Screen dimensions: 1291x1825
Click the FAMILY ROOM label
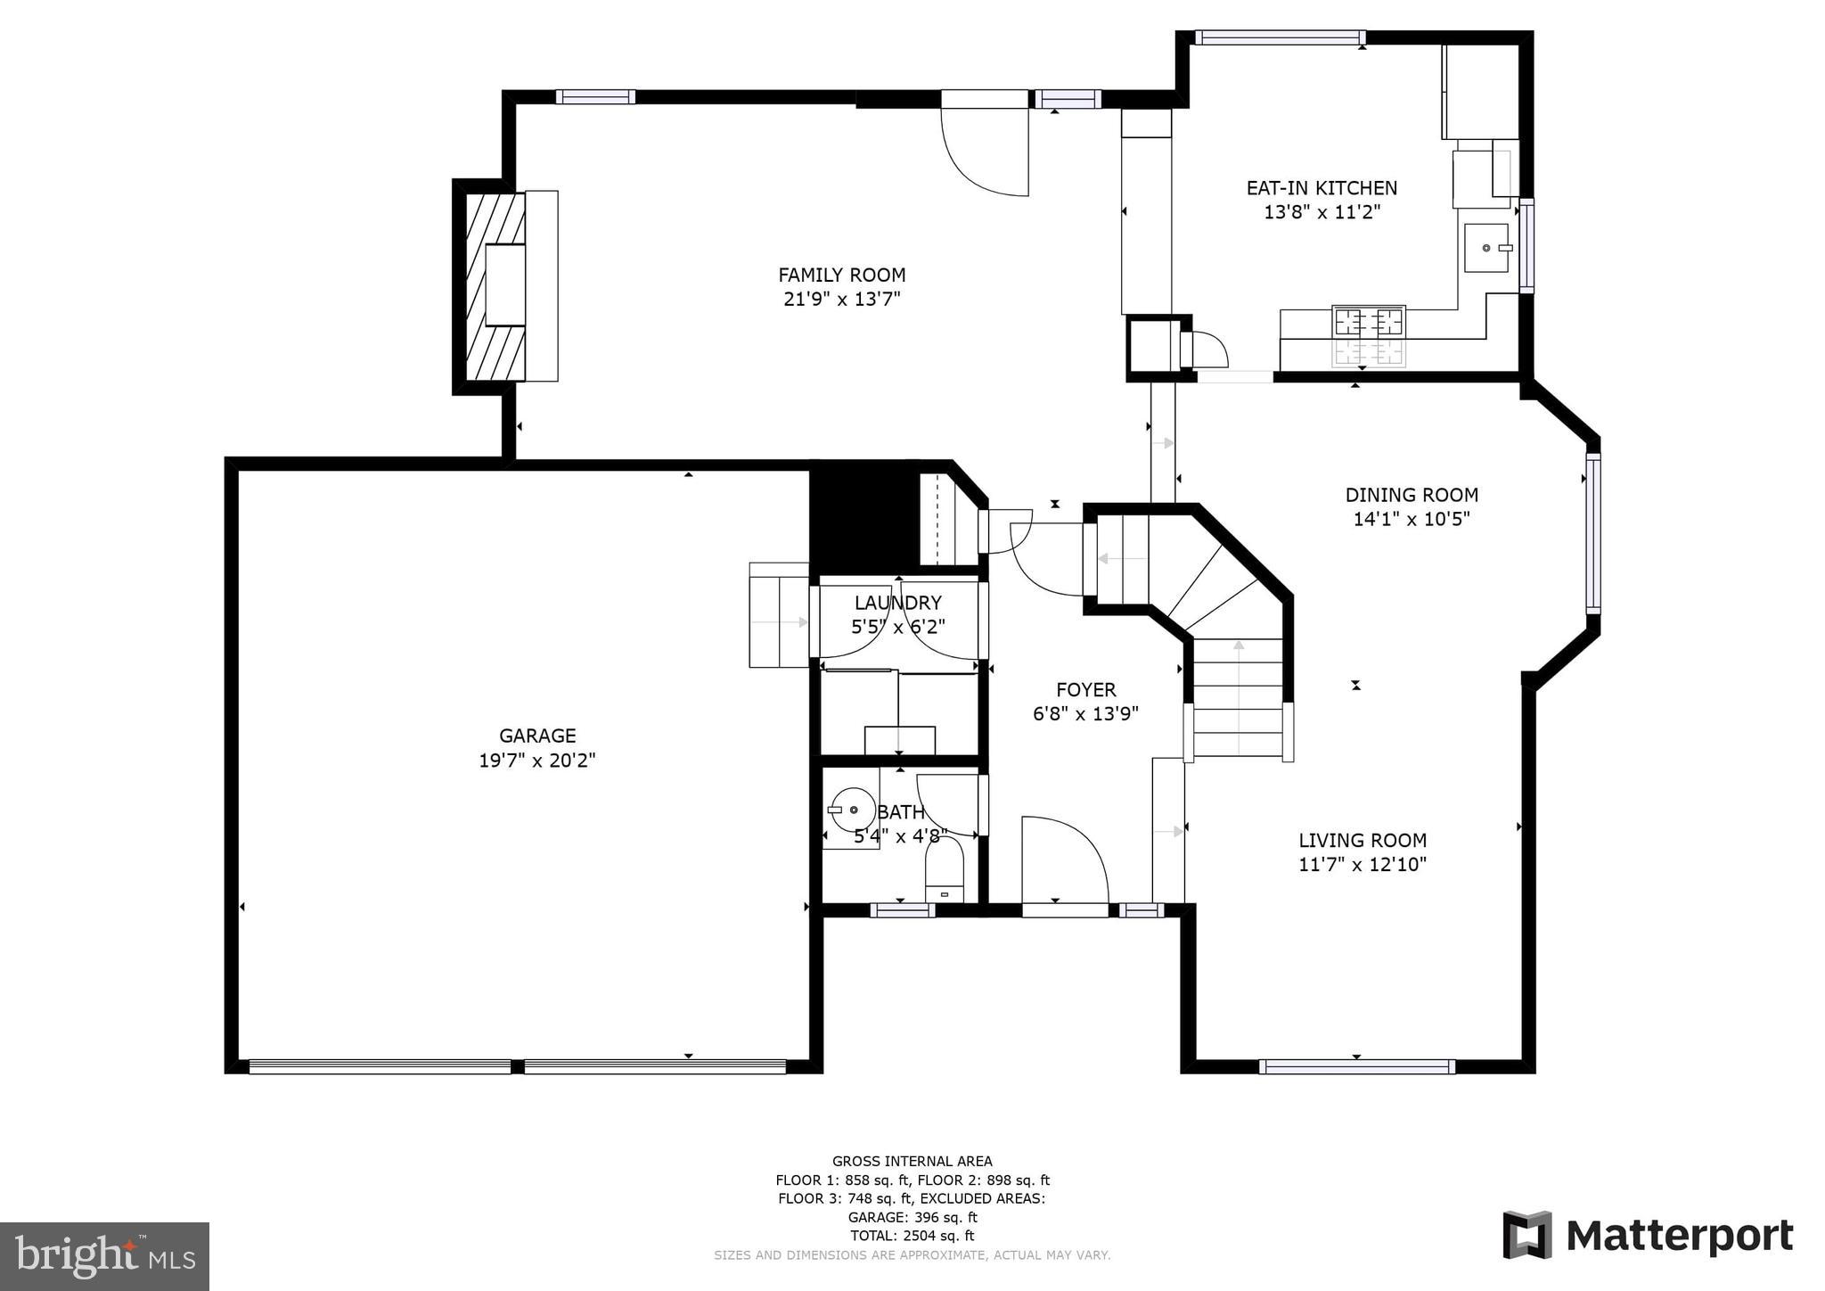[841, 275]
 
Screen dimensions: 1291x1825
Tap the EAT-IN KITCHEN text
[1321, 188]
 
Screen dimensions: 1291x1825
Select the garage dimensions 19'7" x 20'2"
[536, 761]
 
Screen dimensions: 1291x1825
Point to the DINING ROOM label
[1411, 495]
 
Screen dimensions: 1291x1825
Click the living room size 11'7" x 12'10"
[1362, 864]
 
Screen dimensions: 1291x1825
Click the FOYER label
[1085, 689]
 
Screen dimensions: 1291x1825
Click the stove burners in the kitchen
[1368, 322]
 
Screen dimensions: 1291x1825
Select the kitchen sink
[1486, 248]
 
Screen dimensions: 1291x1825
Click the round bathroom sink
[853, 810]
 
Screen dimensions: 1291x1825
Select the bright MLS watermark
[104, 1256]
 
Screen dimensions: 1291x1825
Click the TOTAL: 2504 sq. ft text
[912, 1236]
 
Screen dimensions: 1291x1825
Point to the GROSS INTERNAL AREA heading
[912, 1161]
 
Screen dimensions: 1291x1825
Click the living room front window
[1356, 1066]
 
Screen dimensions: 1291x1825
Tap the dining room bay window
[1593, 532]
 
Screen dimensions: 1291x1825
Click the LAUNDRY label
[897, 603]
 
